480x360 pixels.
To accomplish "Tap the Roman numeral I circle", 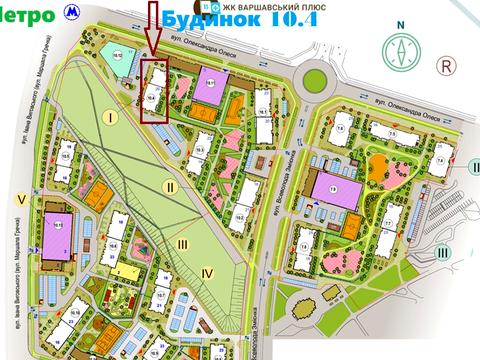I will (x=111, y=117).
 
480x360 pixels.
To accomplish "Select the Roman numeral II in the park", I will (x=171, y=185).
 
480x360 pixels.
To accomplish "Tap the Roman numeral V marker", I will (x=21, y=199).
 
